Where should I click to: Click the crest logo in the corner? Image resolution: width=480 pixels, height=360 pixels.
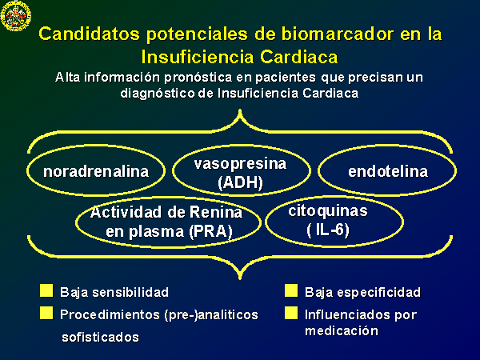tap(16, 16)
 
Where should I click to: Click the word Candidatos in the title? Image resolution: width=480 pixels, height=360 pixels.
tap(90, 34)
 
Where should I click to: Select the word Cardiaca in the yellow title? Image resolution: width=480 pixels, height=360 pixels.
tap(298, 57)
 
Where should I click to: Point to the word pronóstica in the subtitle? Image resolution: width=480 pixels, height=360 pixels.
tap(198, 78)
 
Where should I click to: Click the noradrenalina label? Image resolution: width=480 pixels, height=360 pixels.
tap(96, 171)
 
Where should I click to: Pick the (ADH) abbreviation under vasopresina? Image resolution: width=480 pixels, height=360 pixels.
tap(240, 182)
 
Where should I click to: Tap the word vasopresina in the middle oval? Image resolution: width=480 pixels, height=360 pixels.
tap(240, 164)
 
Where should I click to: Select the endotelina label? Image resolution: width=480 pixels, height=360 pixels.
tap(388, 171)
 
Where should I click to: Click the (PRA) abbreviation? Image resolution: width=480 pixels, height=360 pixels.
tap(210, 232)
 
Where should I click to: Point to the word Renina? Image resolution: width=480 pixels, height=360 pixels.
tap(216, 213)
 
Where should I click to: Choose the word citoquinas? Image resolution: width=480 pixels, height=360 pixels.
tap(328, 211)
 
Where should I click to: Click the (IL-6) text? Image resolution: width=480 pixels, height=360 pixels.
tap(328, 230)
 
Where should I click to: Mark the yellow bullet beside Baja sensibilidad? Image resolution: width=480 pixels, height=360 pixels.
tap(46, 291)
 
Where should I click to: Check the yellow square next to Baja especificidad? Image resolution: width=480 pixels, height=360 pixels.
tap(291, 291)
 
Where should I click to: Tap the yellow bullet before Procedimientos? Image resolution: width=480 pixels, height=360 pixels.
tap(46, 313)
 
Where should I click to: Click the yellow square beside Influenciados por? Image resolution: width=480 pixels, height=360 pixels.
tap(291, 313)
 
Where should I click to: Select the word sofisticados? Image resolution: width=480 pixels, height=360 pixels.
tap(101, 338)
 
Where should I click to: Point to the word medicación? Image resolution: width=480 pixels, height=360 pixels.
tap(342, 331)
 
